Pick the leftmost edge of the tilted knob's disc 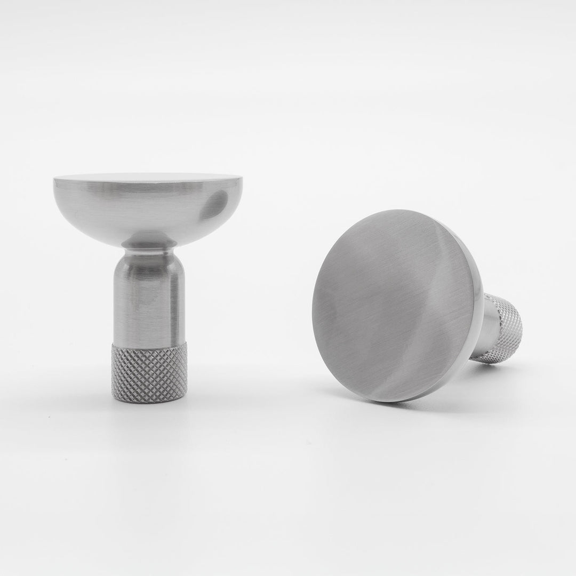313,299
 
